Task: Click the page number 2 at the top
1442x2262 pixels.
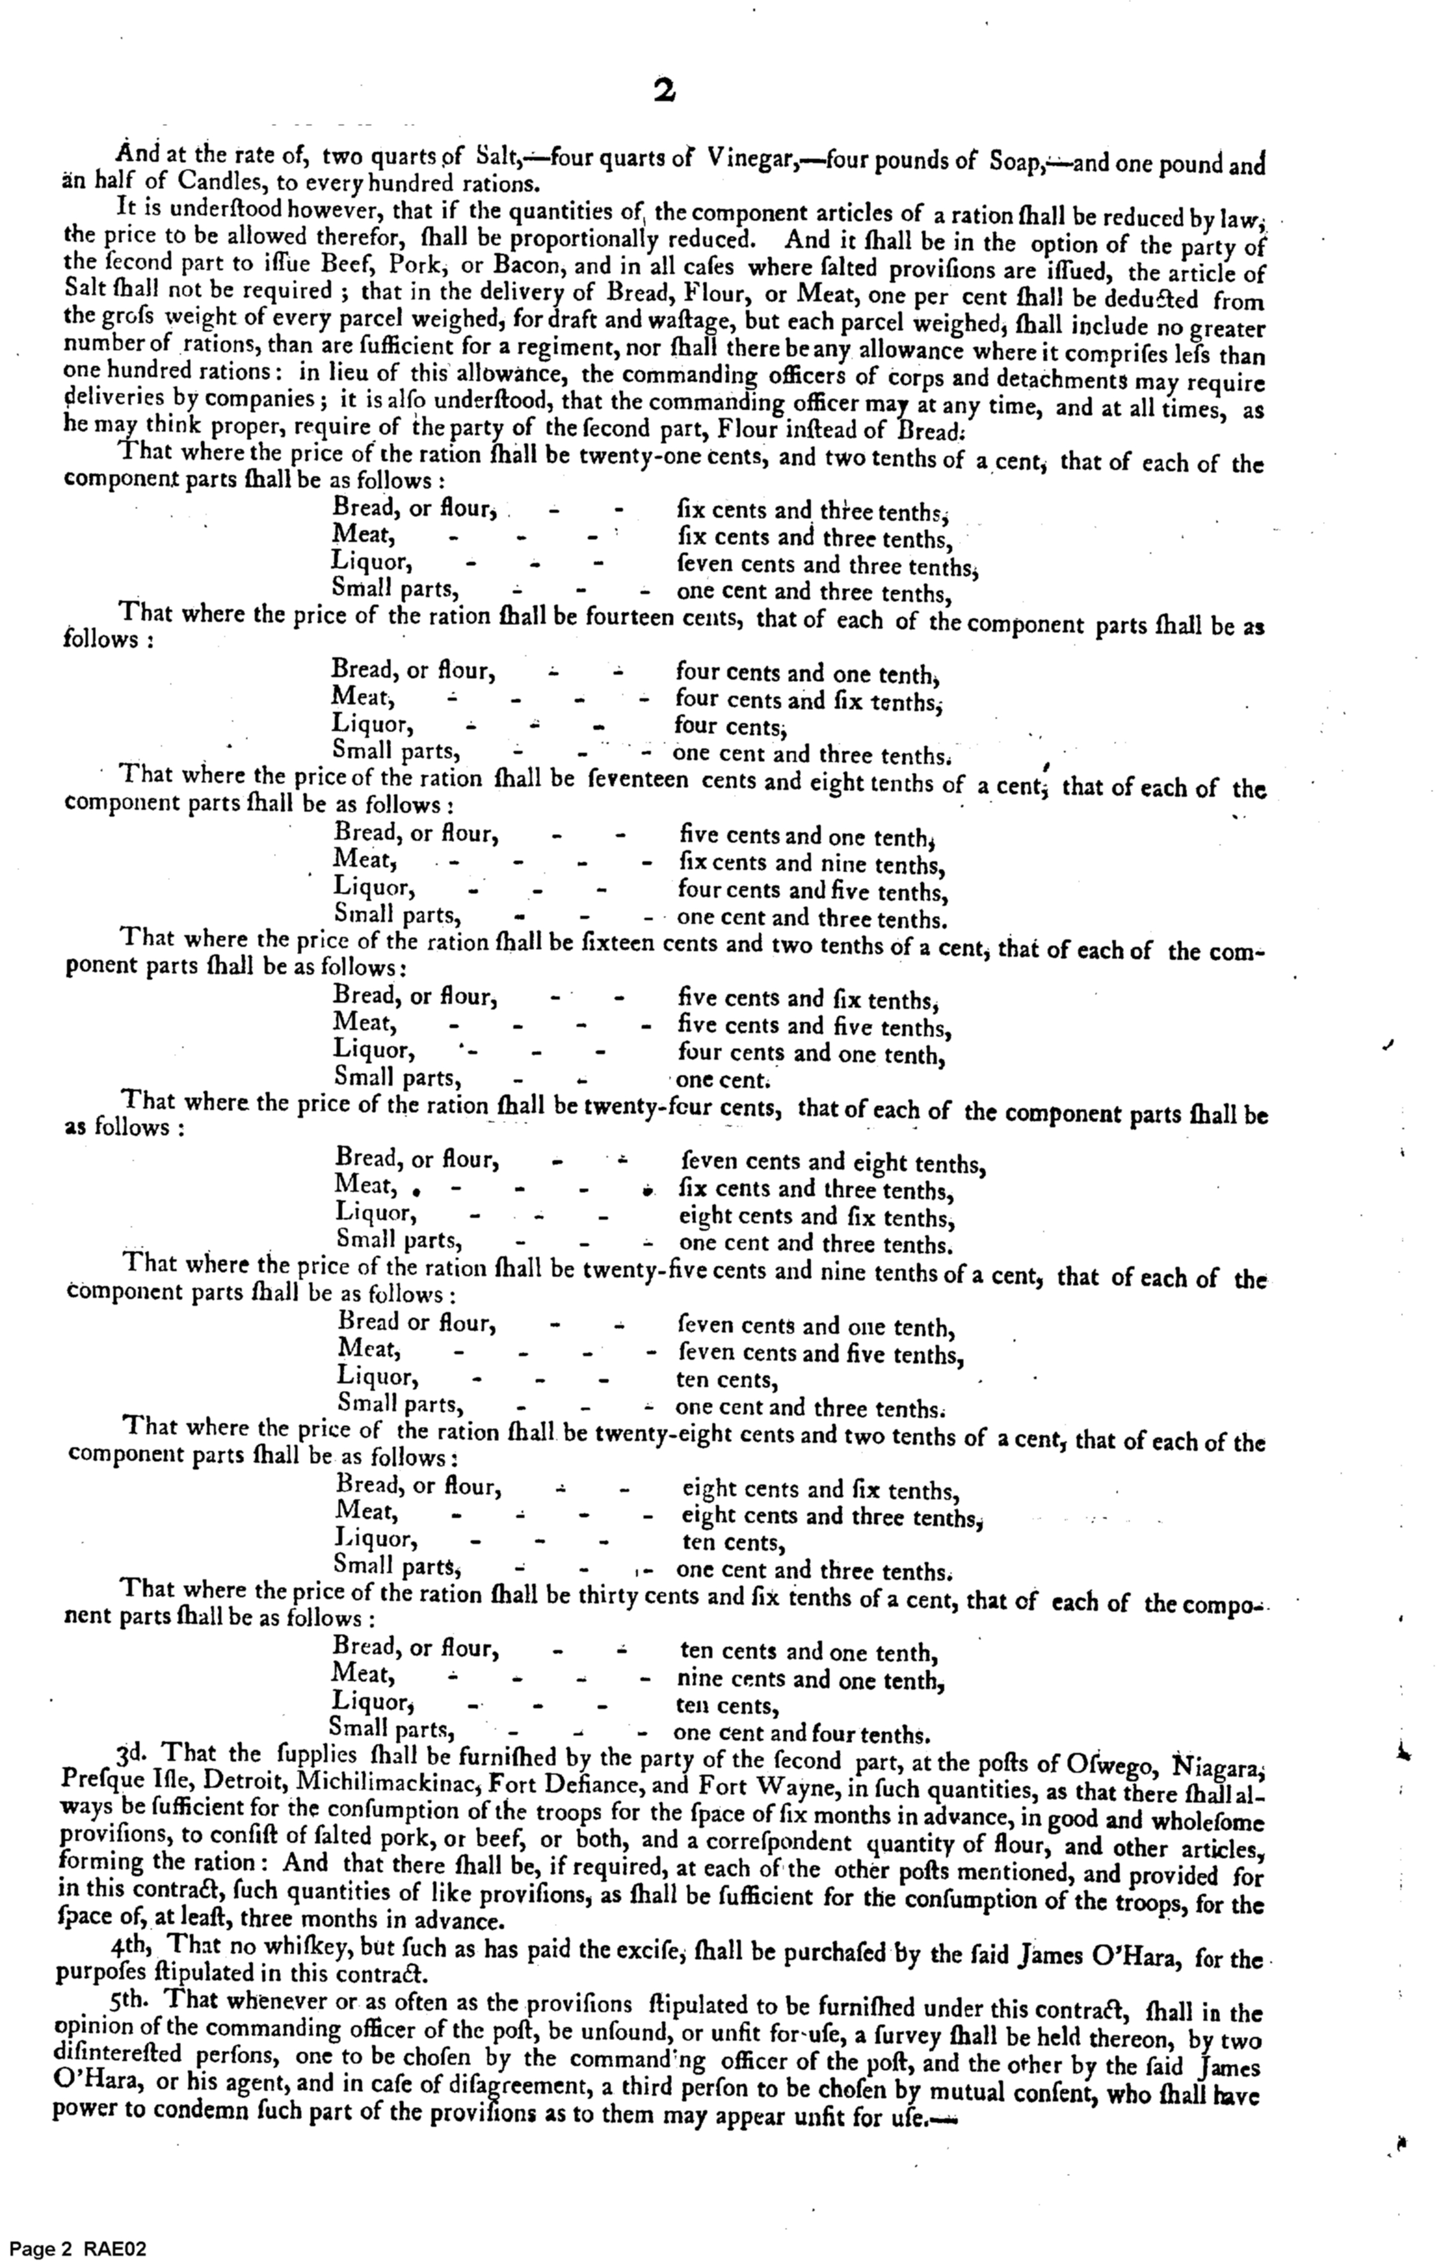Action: tap(664, 91)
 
